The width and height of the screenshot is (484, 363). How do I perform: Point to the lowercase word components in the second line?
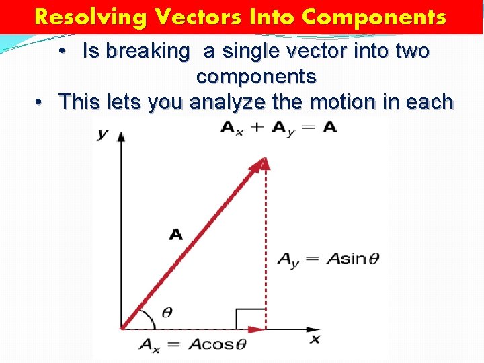coord(256,77)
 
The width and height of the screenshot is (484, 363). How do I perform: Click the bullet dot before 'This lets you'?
coord(41,102)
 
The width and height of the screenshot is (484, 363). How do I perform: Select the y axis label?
coord(102,134)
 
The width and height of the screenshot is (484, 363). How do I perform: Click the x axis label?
coord(315,339)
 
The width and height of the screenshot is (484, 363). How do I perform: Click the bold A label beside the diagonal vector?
coord(175,234)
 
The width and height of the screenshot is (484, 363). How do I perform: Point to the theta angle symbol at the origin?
coord(167,313)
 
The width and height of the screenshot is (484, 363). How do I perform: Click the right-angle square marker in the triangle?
coord(251,319)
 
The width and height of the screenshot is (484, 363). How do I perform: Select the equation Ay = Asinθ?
coord(328,259)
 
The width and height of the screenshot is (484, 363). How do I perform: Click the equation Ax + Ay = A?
coord(278,128)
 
